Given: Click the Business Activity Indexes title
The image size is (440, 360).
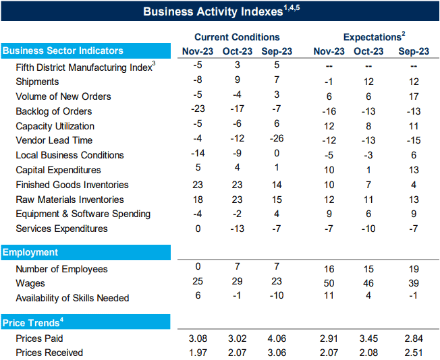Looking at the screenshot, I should point(219,11).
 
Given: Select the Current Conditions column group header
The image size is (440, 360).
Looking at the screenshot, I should point(237,37).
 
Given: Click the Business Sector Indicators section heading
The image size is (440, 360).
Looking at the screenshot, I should point(63,51).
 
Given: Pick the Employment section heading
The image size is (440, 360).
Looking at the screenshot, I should point(30,252).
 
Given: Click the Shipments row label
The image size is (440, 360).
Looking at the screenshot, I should point(37,82).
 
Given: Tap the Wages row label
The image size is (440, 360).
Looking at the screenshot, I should point(30,283).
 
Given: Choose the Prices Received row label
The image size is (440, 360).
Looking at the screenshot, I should point(49,353).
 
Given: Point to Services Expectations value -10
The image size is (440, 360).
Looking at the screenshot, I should point(368,229).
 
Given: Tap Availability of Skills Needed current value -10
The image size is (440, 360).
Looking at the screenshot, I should point(276,298).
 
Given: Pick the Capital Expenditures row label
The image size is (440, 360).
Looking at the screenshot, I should point(58,170).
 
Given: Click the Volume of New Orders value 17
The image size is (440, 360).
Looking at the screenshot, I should point(413,96).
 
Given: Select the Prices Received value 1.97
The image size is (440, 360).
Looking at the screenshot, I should point(198,353).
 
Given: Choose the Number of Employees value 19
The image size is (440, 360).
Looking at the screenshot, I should point(413,269).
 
